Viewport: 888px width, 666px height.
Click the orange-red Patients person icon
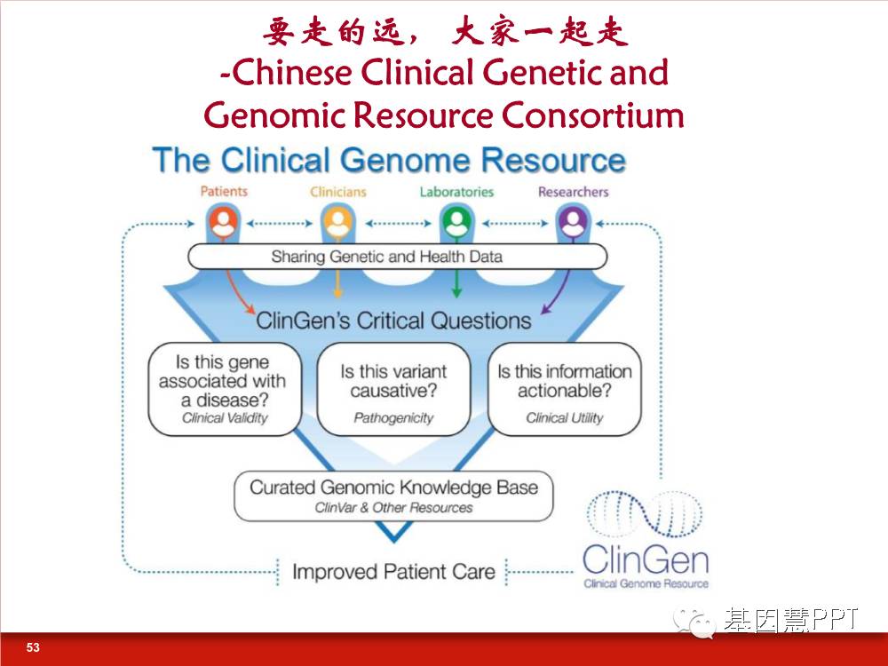click(224, 223)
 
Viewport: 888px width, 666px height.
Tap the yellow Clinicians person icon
click(338, 223)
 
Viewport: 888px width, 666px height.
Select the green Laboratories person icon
click(456, 223)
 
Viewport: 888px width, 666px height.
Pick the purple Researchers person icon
click(573, 223)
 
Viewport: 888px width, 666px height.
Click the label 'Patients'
click(224, 192)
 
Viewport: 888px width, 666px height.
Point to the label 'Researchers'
click(573, 192)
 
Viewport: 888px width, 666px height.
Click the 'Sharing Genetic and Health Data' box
click(398, 257)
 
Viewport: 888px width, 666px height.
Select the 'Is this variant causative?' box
click(393, 389)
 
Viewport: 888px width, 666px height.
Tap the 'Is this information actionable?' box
click(565, 389)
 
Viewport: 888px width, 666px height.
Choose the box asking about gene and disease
click(225, 389)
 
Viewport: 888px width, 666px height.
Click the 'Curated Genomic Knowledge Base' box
click(393, 496)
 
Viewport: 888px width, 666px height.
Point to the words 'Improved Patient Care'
click(393, 571)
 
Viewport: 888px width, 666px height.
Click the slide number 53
click(33, 647)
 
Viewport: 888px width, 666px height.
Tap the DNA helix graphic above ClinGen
click(645, 513)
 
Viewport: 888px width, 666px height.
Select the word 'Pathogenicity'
click(393, 418)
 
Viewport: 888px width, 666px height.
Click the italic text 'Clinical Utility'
click(565, 418)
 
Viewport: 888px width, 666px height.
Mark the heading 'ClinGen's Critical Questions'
click(393, 321)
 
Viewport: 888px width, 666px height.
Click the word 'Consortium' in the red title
click(592, 115)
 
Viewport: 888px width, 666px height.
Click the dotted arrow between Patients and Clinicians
click(280, 223)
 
